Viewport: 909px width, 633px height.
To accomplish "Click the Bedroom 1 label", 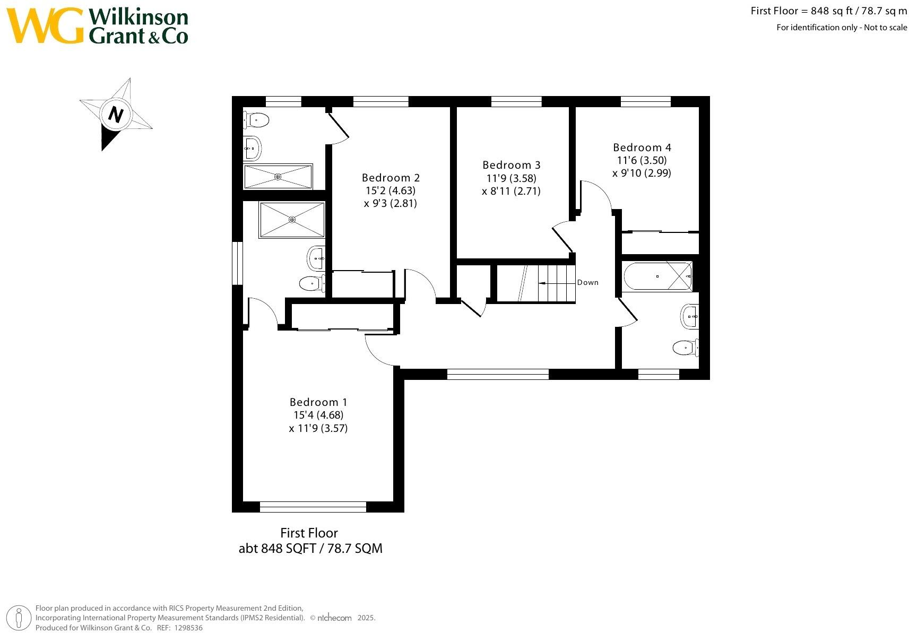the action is click(x=318, y=402).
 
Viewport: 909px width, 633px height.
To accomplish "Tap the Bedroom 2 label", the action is click(x=391, y=178).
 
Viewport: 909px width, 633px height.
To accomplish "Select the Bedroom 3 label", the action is click(x=512, y=165).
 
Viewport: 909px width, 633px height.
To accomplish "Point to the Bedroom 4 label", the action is click(x=642, y=148).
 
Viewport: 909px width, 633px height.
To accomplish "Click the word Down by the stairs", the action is click(x=587, y=282).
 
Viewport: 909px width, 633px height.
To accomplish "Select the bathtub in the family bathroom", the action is click(x=657, y=276).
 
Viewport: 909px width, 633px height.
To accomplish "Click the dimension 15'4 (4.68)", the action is click(x=318, y=415).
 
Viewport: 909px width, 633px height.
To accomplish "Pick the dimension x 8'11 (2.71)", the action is click(x=512, y=191).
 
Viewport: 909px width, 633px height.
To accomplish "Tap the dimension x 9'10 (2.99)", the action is click(x=642, y=174).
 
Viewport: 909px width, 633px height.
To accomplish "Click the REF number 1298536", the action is click(x=188, y=628).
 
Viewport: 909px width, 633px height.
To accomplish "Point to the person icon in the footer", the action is click(x=19, y=618).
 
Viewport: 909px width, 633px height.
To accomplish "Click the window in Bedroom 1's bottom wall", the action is click(x=313, y=507).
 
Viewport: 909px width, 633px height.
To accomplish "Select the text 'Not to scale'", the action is click(x=886, y=28).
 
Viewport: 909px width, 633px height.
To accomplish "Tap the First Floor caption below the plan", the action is click(x=309, y=533).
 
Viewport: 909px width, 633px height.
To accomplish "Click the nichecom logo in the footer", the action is click(x=334, y=618).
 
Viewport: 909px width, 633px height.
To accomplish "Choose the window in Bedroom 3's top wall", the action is click(x=516, y=101).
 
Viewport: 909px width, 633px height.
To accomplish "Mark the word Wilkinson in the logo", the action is click(x=138, y=17).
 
